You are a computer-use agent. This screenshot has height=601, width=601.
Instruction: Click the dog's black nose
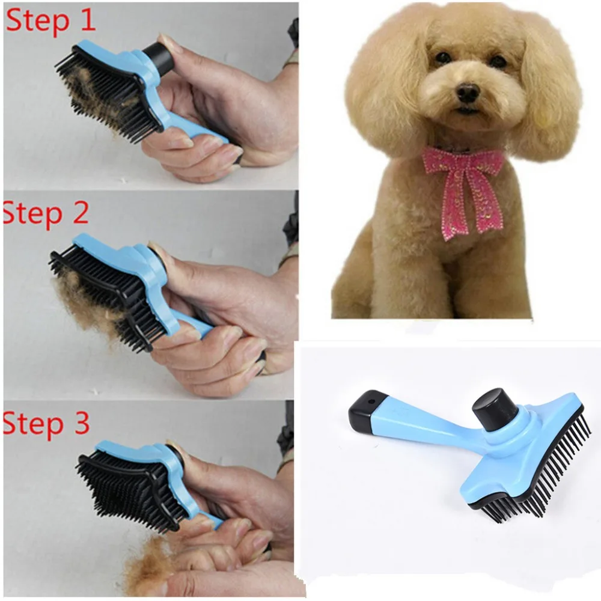tap(467, 92)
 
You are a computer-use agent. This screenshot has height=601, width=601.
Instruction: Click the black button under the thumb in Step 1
tap(157, 56)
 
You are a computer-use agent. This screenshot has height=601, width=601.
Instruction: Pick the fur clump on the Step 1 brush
tap(90, 90)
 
